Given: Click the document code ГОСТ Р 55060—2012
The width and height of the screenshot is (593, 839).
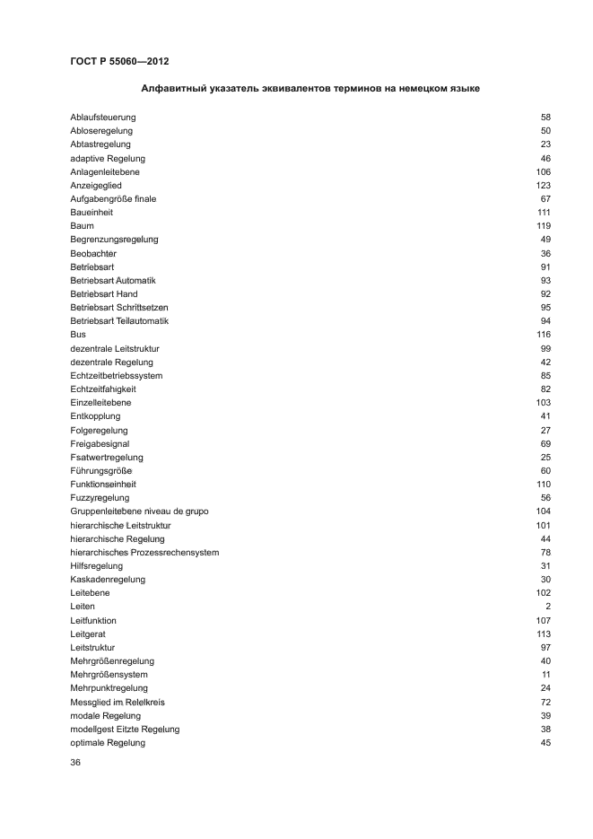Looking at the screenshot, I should tap(119, 62).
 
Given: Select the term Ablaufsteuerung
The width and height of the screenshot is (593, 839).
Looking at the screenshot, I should tap(103, 118).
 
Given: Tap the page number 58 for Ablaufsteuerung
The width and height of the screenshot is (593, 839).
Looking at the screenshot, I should tap(545, 118).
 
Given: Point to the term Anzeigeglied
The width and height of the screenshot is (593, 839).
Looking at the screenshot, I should tap(96, 186).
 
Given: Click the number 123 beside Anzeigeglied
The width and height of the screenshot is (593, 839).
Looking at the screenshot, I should tap(543, 186).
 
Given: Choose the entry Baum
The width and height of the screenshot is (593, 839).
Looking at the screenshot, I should tap(82, 226).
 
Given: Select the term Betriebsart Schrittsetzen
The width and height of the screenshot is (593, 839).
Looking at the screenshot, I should tap(119, 308).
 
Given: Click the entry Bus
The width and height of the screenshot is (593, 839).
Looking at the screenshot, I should tap(78, 335).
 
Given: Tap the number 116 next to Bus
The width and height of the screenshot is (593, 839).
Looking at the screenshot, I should tap(543, 335).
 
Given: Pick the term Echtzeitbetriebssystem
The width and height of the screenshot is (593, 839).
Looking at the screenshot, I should tap(117, 376).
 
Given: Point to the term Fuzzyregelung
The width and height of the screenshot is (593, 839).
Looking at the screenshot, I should tap(100, 498).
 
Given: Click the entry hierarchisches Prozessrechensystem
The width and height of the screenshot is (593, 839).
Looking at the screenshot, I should tap(144, 553).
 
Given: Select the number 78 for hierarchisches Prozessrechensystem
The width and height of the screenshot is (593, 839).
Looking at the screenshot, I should tap(545, 553).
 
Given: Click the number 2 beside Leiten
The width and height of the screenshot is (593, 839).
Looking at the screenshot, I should tap(547, 607).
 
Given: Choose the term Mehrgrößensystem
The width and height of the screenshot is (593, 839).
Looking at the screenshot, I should tap(109, 675).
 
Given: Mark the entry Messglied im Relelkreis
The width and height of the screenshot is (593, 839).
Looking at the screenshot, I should tap(118, 703).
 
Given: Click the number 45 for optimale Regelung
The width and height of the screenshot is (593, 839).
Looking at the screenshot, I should tap(545, 743).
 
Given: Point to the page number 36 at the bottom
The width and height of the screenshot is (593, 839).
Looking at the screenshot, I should tap(75, 763).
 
